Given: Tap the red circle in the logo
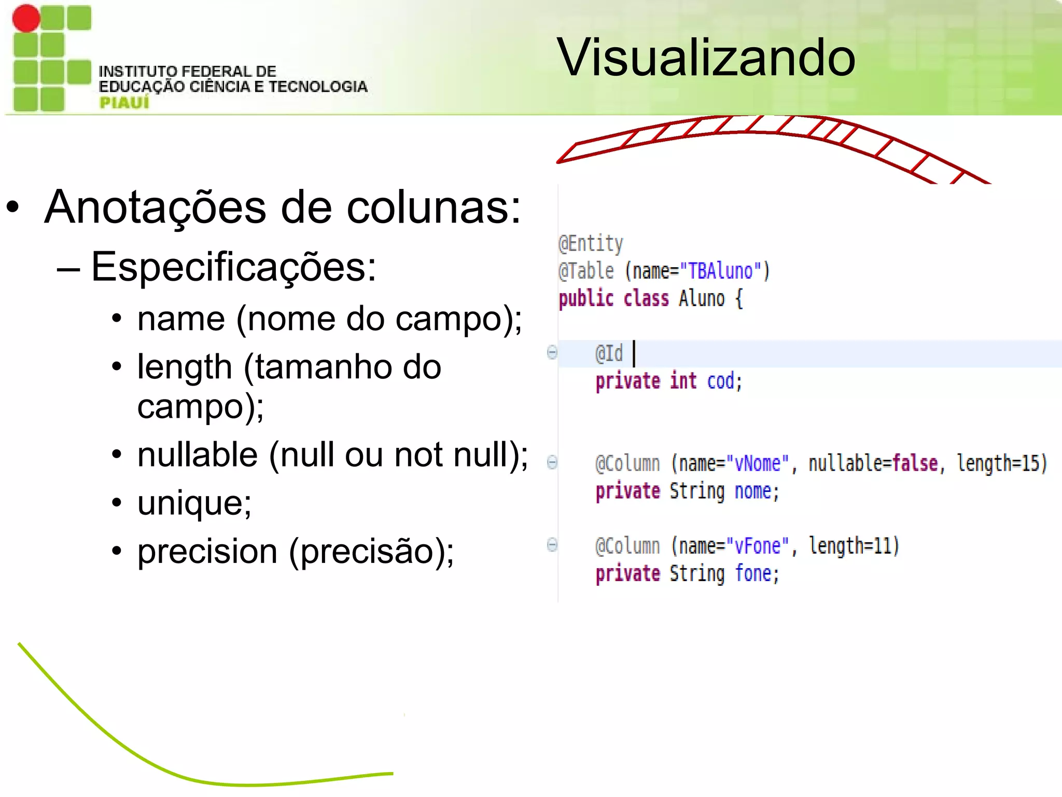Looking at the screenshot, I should click(26, 18).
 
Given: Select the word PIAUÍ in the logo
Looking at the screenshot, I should click(124, 103).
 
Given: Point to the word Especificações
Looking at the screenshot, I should click(234, 267).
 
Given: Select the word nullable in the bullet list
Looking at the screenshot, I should click(198, 455).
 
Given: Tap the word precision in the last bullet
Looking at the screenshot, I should click(207, 551).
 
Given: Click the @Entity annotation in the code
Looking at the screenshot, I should click(591, 243).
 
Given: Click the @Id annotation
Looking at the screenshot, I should click(609, 354).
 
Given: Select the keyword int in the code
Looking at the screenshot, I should click(683, 381).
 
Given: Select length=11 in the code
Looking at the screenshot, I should click(854, 546).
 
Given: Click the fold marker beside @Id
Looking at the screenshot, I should click(552, 352).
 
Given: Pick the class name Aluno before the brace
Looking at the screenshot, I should click(702, 299).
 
